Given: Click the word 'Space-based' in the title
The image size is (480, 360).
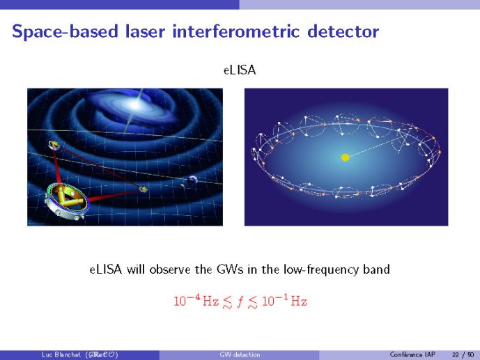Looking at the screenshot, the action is [65, 32].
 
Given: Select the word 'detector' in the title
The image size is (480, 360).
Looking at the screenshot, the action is [343, 31].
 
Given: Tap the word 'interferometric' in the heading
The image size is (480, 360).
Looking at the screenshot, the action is [235, 31].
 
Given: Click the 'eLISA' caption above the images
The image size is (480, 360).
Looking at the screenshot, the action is [240, 70].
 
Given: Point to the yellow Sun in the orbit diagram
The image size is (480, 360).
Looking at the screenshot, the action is [346, 157].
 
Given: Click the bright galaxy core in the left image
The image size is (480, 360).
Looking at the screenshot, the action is [135, 105].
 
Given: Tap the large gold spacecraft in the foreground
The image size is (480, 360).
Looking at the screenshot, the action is [65, 201].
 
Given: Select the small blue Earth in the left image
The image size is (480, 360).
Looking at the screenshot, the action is [192, 180].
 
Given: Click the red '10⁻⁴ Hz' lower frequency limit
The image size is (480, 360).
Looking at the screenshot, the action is [196, 301].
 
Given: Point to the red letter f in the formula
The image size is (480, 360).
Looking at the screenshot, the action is [240, 302].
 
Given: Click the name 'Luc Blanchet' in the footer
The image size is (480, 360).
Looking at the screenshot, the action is [61, 354].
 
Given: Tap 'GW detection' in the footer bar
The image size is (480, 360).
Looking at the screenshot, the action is [240, 354].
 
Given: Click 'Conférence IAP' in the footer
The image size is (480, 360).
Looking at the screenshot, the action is [412, 354].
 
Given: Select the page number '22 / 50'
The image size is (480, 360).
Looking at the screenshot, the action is [463, 355].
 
